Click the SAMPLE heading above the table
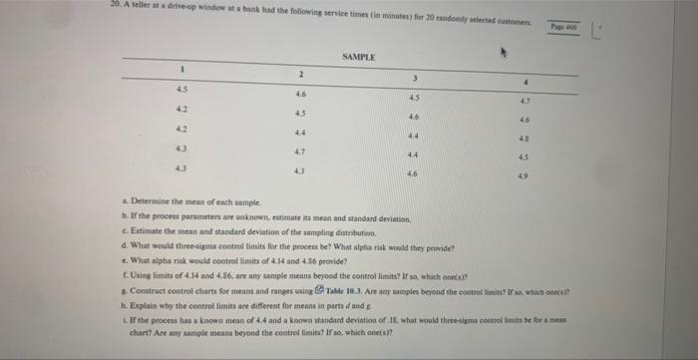pos(356,59)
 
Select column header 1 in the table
pos(182,70)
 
